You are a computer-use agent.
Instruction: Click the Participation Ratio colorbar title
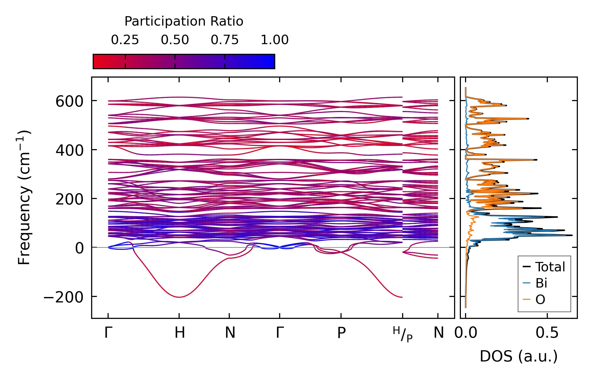(x=184, y=21)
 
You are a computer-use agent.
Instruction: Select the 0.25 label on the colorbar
(x=125, y=40)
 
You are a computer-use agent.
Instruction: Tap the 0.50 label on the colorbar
(x=175, y=40)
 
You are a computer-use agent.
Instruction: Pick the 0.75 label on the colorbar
(x=225, y=40)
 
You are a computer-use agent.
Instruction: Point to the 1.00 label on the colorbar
(x=274, y=40)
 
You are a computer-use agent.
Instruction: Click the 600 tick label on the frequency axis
(x=69, y=101)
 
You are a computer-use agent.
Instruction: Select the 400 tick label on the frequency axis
(x=69, y=150)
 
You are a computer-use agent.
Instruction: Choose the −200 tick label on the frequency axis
(x=63, y=297)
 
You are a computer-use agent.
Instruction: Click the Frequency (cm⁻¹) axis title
(x=24, y=197)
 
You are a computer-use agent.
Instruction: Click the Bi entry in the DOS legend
(x=541, y=283)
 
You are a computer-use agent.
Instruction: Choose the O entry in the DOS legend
(x=540, y=300)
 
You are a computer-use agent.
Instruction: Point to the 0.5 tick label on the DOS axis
(x=547, y=333)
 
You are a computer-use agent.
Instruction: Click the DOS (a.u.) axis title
(x=519, y=356)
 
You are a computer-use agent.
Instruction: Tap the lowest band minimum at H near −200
(x=180, y=297)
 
